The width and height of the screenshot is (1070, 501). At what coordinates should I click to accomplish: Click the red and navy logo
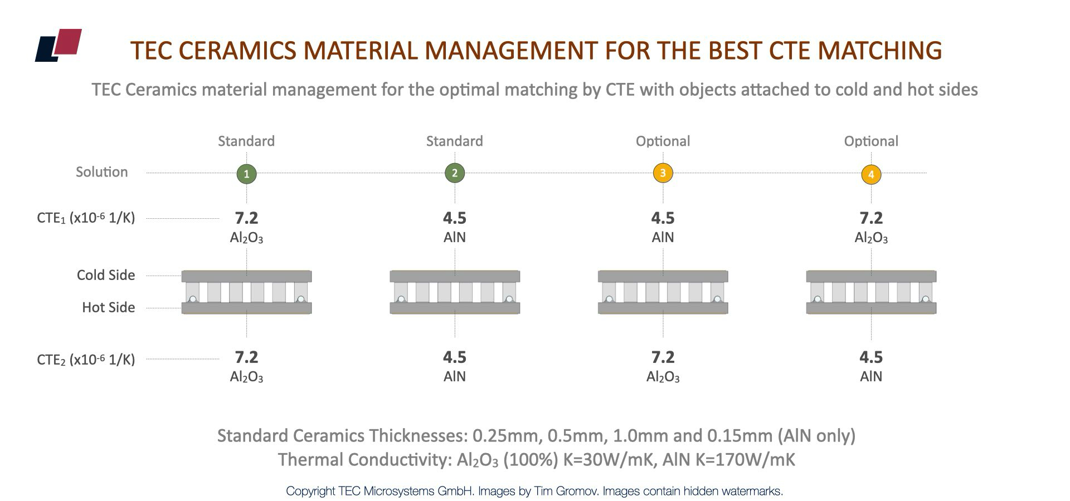tap(59, 45)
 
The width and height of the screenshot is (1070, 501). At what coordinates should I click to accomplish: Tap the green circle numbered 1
tap(246, 174)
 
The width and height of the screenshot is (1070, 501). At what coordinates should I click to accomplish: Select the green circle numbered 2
tap(455, 173)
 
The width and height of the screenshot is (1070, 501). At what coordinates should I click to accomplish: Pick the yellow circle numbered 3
tap(663, 173)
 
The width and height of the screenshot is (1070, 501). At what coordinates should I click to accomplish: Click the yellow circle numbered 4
tap(871, 174)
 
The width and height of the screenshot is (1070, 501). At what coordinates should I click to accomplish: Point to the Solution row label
tap(102, 172)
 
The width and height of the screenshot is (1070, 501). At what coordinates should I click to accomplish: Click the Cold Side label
tap(106, 275)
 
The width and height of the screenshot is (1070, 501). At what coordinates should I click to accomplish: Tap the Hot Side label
tap(108, 307)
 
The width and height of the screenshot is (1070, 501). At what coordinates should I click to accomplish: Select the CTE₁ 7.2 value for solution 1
tap(246, 218)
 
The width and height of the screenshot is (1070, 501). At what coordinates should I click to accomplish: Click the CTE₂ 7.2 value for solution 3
tap(663, 357)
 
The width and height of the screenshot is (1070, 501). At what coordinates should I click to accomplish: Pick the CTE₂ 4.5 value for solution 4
tap(871, 357)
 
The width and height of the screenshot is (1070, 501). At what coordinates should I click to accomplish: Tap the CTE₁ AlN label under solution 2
tap(455, 238)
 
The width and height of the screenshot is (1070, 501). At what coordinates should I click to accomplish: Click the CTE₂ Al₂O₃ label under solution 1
tap(246, 377)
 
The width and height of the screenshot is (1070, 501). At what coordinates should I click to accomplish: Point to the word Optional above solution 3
tap(663, 141)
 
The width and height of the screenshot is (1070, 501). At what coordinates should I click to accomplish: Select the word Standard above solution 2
tap(455, 141)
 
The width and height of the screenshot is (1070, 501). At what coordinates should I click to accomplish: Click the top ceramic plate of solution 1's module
tap(246, 277)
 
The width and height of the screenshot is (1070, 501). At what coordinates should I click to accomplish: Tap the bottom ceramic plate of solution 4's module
tap(871, 308)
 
